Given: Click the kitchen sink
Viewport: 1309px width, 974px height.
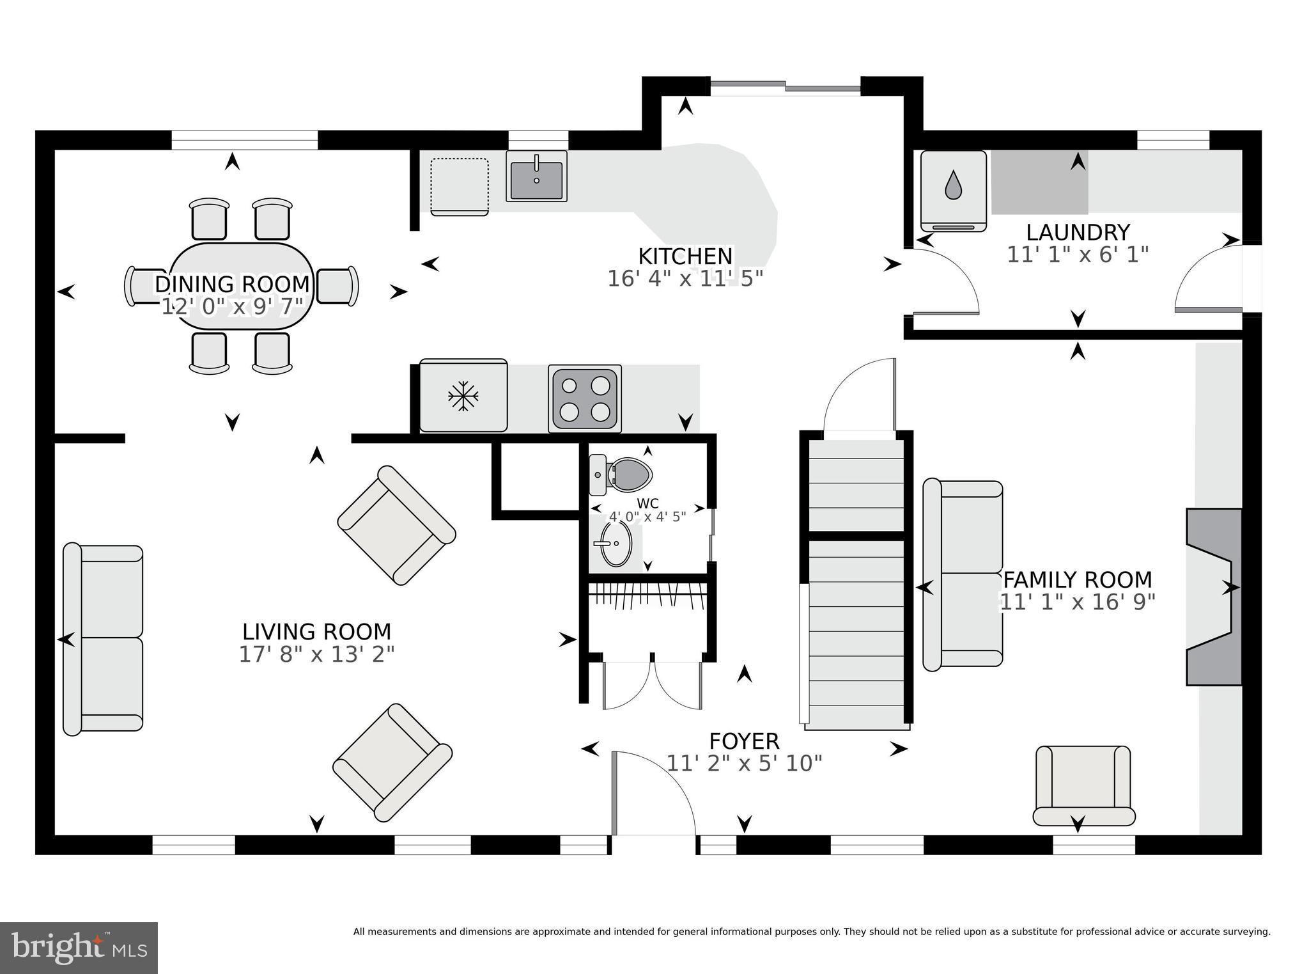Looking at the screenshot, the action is tap(536, 176).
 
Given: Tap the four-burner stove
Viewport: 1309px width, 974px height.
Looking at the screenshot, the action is tap(585, 398).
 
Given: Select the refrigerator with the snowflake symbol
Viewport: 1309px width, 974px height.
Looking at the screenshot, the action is tap(463, 396).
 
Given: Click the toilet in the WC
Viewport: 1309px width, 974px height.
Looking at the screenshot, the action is tap(620, 475).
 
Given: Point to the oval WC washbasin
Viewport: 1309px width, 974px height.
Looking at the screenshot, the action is tap(615, 544).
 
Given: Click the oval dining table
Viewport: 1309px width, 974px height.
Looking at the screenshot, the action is tap(242, 286).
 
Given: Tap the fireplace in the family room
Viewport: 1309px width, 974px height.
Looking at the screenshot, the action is tap(1214, 597).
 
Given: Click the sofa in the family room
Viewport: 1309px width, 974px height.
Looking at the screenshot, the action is tap(963, 574).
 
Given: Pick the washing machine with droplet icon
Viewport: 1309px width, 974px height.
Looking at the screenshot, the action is tap(953, 191).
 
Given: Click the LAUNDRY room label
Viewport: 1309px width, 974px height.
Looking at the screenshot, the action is tap(1078, 232).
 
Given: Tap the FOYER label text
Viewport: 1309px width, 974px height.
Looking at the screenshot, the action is tap(744, 741).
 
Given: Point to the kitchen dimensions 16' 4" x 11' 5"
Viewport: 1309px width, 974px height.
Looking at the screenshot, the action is tap(685, 279).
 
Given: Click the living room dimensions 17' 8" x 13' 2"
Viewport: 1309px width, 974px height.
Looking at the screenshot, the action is tap(317, 654).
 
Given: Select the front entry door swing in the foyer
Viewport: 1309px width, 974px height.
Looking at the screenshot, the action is tap(654, 793).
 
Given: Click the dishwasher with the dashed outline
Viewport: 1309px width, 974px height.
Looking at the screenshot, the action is tap(460, 186).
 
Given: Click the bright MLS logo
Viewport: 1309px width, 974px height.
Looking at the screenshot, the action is tap(79, 948).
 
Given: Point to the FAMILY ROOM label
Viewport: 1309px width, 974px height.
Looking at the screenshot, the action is tap(1078, 580).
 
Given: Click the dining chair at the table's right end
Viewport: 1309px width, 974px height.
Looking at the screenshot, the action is tap(337, 286).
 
